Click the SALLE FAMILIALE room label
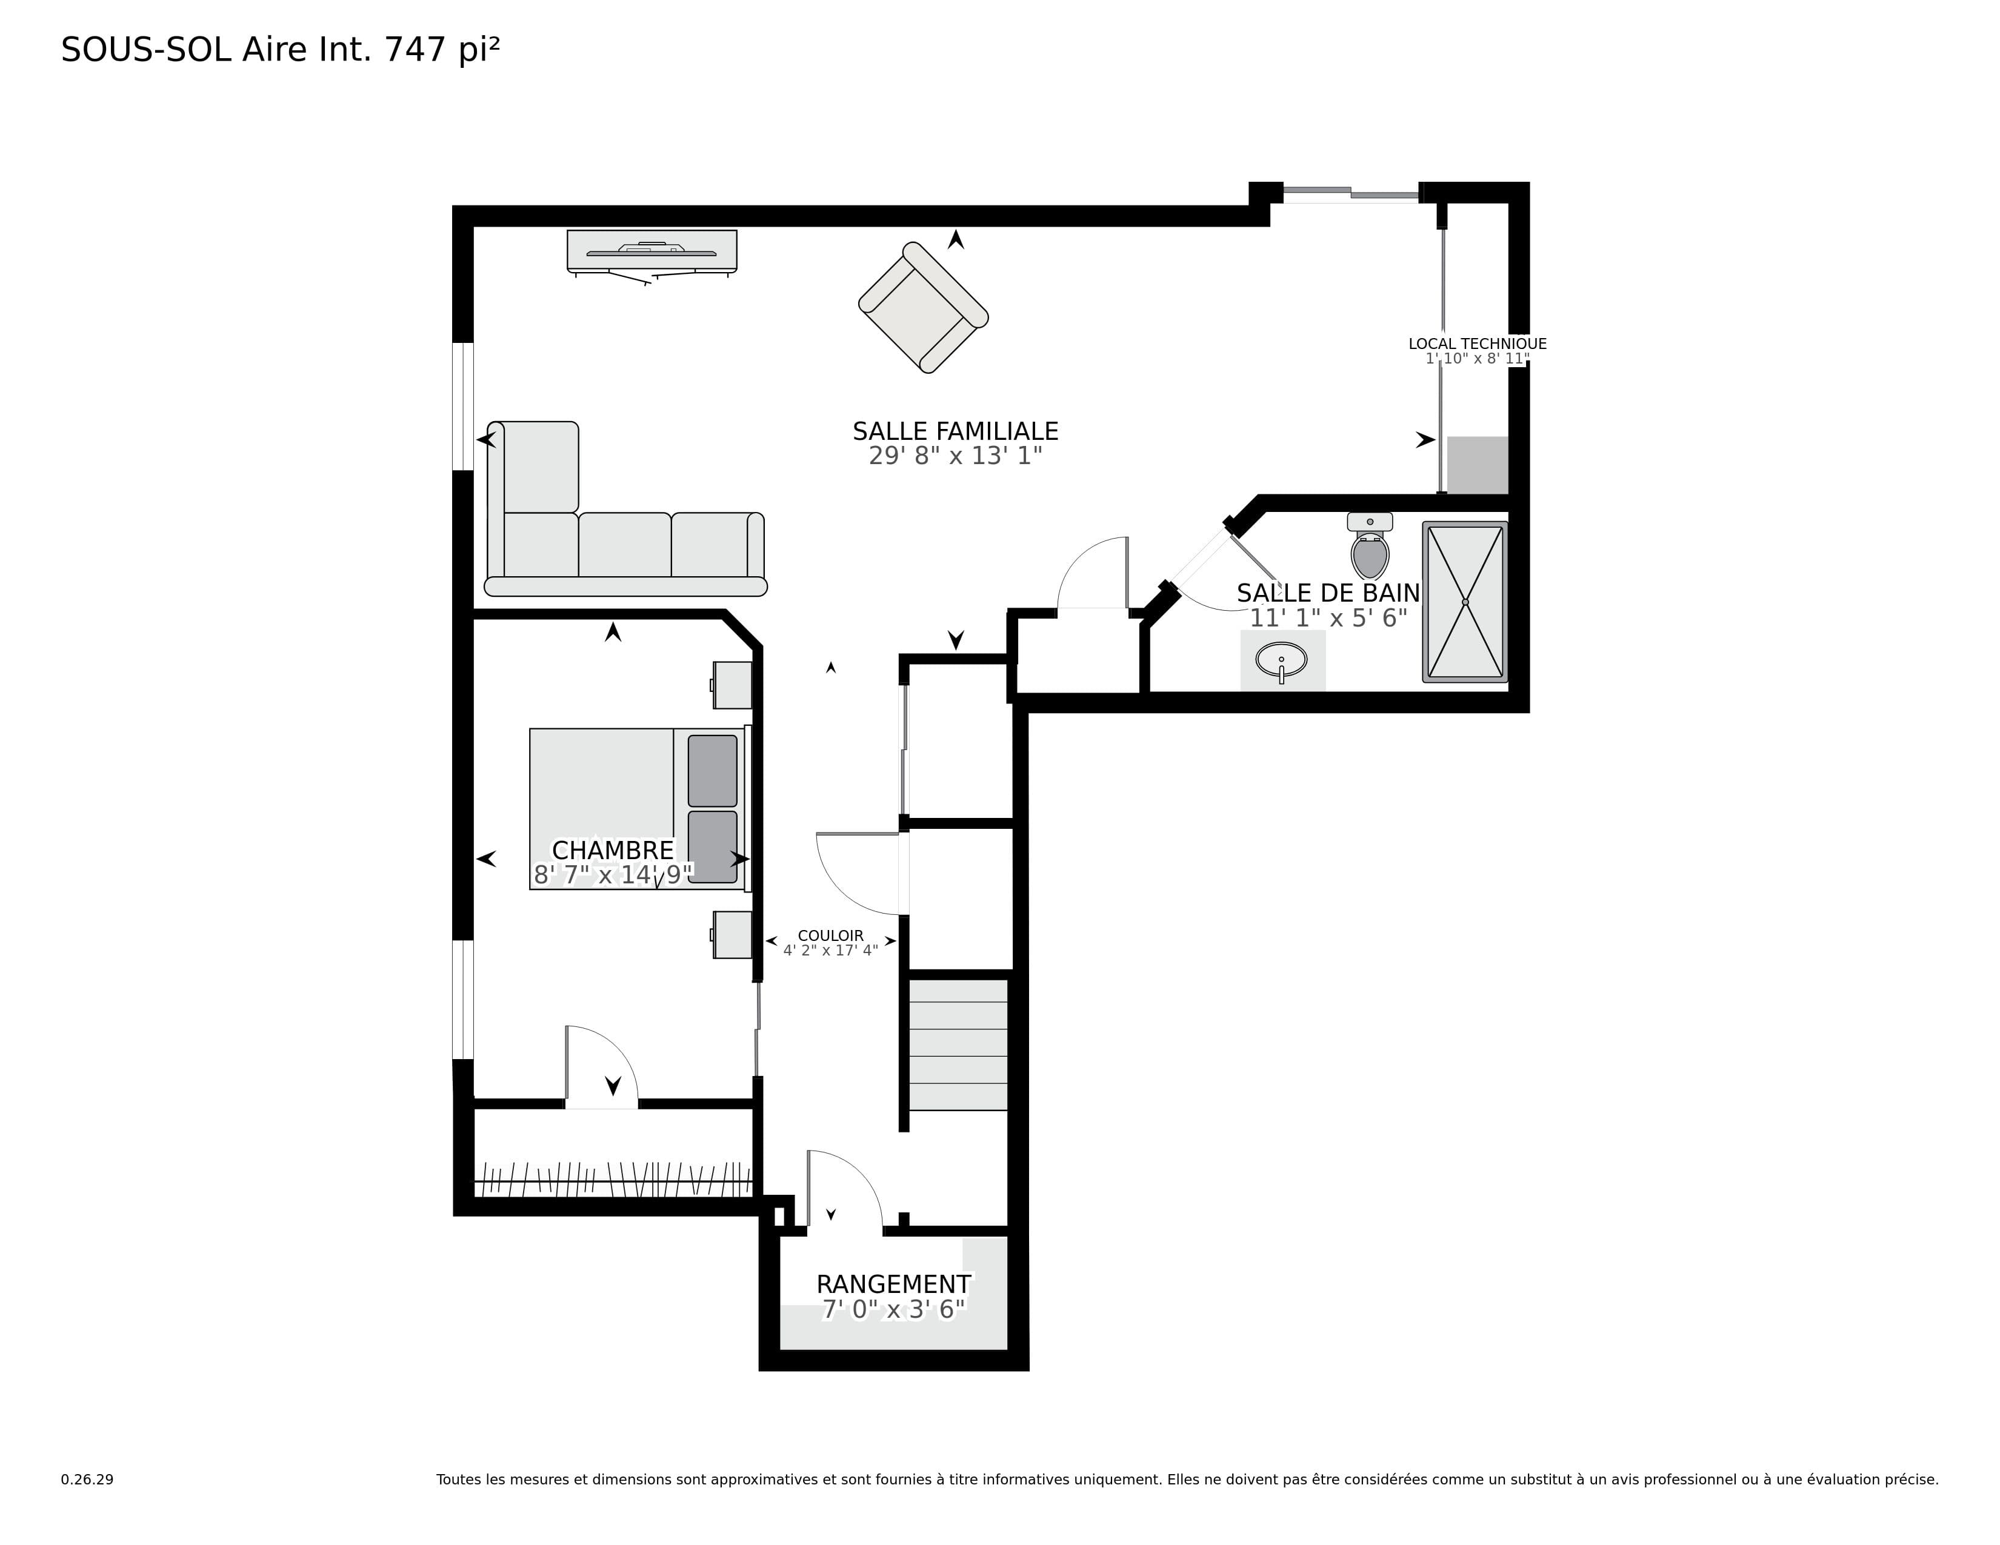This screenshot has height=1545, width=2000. click(955, 431)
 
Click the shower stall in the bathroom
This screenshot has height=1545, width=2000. click(1465, 602)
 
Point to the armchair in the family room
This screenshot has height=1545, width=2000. click(923, 308)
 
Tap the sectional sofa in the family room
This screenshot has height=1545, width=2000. click(625, 509)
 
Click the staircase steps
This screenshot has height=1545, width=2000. click(958, 1045)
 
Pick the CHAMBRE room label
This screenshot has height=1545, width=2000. click(613, 850)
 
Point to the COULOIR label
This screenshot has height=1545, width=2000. click(830, 935)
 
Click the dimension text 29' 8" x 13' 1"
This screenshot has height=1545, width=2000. click(955, 456)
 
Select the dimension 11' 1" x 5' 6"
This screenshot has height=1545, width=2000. click(1328, 619)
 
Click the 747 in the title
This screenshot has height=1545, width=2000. click(417, 50)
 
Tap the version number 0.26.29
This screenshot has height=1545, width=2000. click(87, 1479)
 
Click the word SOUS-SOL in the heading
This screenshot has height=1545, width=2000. click(147, 50)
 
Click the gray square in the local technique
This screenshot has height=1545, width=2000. click(1477, 465)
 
